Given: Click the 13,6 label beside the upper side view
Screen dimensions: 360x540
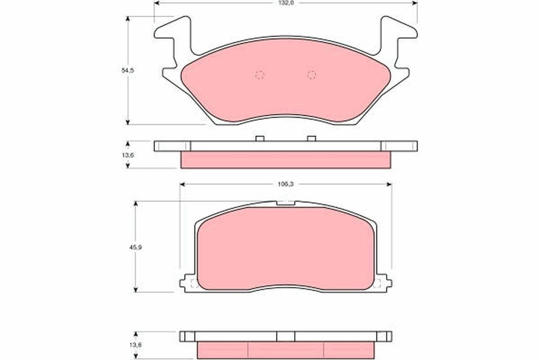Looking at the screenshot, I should (x=129, y=155).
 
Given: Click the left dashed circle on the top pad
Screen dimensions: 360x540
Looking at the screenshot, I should (x=260, y=75).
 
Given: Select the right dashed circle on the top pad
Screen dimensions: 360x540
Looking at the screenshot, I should (x=311, y=75).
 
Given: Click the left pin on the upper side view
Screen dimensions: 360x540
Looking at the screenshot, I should (x=259, y=138).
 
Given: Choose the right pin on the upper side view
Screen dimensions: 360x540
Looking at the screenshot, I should (x=311, y=138).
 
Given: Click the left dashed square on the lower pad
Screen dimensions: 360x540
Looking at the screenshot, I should (x=194, y=283).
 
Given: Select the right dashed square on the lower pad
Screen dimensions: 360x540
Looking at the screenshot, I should (x=377, y=283).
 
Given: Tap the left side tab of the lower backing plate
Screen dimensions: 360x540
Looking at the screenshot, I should (x=185, y=283).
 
